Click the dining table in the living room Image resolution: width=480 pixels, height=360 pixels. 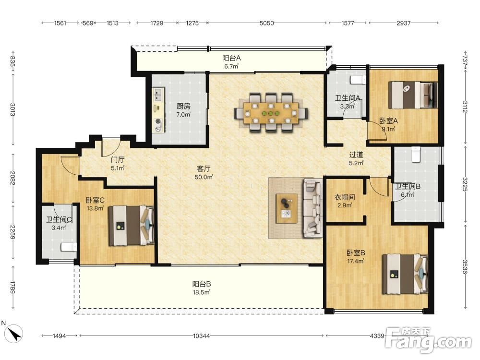[x=271, y=113]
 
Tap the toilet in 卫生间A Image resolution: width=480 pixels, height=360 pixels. [x=358, y=80]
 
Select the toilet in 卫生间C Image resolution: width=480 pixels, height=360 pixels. [x=69, y=247]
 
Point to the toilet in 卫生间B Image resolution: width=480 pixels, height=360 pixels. [x=415, y=154]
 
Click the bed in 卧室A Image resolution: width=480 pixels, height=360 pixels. [x=413, y=95]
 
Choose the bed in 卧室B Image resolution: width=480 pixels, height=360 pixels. [x=405, y=274]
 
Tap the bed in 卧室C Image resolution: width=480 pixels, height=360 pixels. [x=132, y=225]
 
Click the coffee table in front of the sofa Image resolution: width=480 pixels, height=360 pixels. [x=287, y=208]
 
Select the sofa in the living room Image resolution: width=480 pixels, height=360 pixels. [x=312, y=208]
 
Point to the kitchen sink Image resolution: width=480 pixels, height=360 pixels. [x=158, y=95]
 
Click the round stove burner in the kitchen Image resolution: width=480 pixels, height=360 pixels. [x=158, y=121]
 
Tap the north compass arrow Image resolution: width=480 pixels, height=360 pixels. [x=15, y=334]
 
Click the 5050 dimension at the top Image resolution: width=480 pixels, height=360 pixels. [x=266, y=23]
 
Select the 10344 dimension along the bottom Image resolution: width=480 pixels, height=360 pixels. [x=202, y=336]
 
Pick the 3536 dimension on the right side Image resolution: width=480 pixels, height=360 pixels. [x=465, y=266]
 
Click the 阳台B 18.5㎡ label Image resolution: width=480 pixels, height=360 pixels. [x=202, y=288]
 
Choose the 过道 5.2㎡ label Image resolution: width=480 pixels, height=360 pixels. [x=356, y=159]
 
